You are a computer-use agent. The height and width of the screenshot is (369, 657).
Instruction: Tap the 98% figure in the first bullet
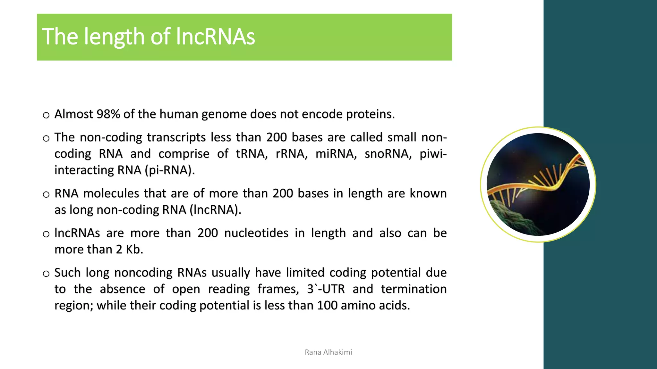point(108,114)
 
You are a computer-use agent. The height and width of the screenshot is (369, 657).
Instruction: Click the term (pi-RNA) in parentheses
point(170,170)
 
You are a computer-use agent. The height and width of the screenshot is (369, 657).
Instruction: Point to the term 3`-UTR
point(326,289)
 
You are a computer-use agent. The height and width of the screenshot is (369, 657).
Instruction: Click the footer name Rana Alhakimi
point(328,352)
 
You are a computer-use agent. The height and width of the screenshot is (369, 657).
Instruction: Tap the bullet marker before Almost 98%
point(46,115)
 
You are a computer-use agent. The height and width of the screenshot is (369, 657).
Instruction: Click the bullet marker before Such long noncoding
point(46,274)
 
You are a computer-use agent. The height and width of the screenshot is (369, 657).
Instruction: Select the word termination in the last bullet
point(414,289)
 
